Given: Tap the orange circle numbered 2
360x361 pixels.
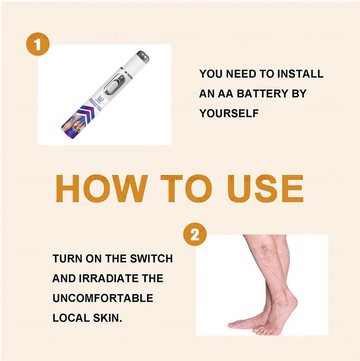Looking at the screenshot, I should (194, 235).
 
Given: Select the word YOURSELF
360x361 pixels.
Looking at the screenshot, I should (229, 113).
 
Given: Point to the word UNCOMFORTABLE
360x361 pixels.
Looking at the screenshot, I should (103, 298).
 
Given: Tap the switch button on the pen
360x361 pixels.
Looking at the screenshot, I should (117, 85).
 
